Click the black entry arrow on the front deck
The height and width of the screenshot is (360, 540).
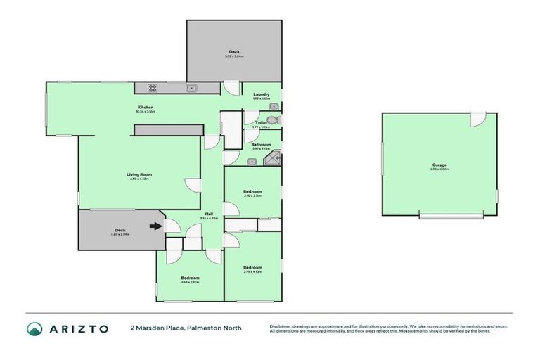point(155,226)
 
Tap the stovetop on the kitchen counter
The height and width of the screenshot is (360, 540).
point(151,88)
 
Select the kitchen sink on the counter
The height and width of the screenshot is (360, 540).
point(191,88)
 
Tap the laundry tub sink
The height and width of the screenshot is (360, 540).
point(273,107)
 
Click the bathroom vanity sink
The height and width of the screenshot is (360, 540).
point(252,162)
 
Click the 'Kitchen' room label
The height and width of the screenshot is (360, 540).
point(146,108)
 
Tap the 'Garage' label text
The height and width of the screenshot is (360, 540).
point(439,165)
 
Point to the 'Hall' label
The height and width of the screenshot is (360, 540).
point(209,214)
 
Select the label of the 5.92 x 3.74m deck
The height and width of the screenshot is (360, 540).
point(234,52)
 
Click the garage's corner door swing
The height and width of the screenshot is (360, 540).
point(477,120)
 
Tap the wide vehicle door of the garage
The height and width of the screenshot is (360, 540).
point(451,216)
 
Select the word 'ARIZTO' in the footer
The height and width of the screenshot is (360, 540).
point(79,328)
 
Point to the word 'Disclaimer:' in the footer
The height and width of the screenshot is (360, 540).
point(281,326)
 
